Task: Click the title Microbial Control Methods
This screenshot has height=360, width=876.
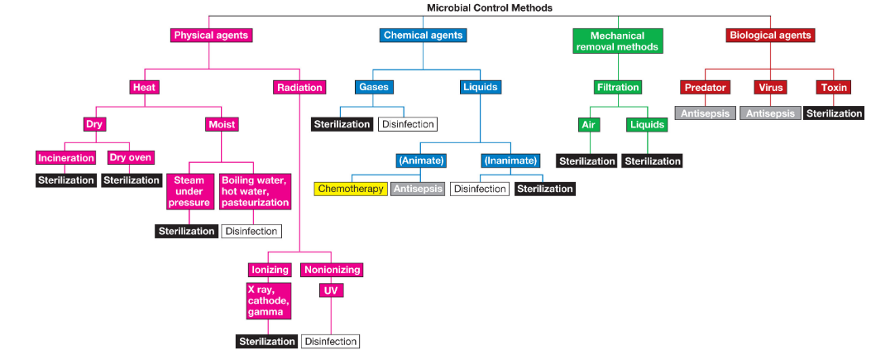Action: pos(489,7)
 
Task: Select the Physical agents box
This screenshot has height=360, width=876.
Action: pos(210,36)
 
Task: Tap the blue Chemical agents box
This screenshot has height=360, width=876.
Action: pos(424,36)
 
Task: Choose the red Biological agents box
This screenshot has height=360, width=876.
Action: pos(770,36)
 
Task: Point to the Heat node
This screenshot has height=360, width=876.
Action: pos(144,87)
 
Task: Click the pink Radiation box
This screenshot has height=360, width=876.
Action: pos(299,87)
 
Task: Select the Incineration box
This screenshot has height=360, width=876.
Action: pos(66,158)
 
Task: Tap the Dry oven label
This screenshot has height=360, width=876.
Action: pos(131,158)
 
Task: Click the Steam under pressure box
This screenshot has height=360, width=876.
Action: pos(189,192)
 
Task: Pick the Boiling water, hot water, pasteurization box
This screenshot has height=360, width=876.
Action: pos(255,192)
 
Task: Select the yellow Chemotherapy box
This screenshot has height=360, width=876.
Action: pos(351,189)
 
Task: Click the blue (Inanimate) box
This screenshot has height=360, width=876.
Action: pos(510,161)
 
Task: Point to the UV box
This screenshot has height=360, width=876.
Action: pos(331,290)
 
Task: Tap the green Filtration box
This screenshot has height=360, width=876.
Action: pos(618,87)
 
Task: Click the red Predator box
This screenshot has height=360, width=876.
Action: pos(705,87)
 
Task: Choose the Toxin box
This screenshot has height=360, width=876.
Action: pos(833,87)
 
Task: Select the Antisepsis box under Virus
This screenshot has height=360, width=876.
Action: pos(770,113)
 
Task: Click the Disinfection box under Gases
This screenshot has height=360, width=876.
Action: pos(407,124)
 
